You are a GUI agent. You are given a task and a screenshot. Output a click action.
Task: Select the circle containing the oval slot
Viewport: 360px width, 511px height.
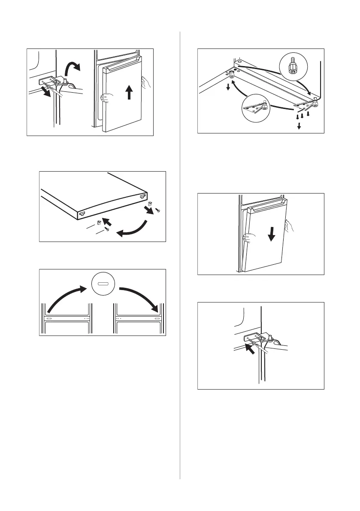tap(103, 284)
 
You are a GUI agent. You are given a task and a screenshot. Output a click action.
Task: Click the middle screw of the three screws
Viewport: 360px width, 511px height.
tap(303, 116)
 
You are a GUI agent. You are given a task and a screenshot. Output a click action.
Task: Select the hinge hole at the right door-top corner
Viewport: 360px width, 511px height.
tap(142, 195)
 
